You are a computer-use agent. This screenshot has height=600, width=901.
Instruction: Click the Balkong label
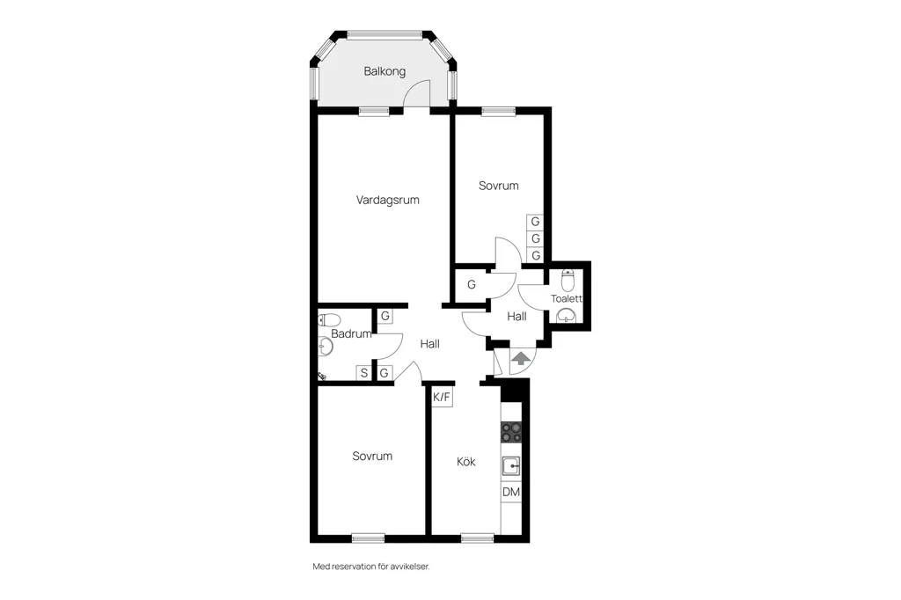click(x=385, y=71)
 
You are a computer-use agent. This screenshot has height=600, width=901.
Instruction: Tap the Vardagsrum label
click(x=388, y=200)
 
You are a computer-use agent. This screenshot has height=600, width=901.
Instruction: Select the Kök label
click(x=466, y=462)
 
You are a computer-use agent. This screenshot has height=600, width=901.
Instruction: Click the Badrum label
click(x=351, y=333)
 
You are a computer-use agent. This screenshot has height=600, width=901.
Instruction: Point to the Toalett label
click(x=566, y=298)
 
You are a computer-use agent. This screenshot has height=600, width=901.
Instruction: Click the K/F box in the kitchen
click(x=442, y=397)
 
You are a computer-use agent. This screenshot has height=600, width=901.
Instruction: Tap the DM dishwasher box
click(x=511, y=492)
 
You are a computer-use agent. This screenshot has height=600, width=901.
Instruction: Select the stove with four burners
click(x=511, y=432)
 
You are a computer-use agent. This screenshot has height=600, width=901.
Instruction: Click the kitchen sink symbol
click(x=511, y=465)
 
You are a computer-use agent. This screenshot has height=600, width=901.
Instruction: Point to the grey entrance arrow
click(x=521, y=359)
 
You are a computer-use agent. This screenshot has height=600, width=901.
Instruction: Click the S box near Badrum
click(x=363, y=373)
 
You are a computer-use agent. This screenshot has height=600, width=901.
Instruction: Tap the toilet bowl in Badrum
click(x=329, y=319)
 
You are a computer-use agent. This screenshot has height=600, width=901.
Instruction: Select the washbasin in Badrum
click(x=326, y=347)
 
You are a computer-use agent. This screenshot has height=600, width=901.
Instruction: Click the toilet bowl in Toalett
click(x=568, y=281)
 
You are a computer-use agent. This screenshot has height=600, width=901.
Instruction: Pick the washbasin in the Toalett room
click(x=566, y=316)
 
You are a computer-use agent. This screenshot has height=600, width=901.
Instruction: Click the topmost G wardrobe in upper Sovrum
click(x=535, y=222)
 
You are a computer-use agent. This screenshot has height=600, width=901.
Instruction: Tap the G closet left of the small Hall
click(x=472, y=284)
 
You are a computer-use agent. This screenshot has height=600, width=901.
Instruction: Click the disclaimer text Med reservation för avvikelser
click(x=371, y=566)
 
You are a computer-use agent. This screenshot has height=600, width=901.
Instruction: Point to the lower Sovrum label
click(x=372, y=457)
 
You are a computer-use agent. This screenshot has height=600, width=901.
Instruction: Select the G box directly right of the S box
click(x=384, y=373)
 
